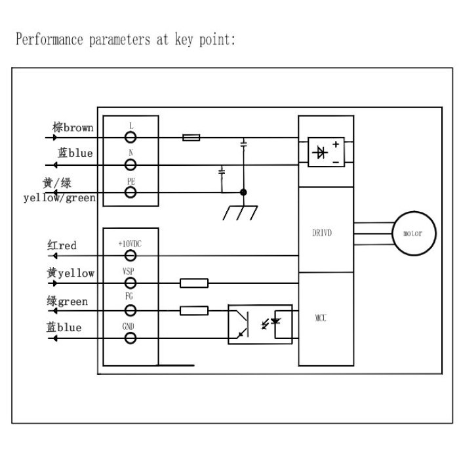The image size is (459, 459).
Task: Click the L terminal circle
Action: point(130,137)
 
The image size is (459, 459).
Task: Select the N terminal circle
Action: point(130,165)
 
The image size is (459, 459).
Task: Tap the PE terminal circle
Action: point(130,192)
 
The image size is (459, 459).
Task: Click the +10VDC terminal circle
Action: point(130,256)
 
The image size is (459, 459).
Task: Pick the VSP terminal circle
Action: point(130,283)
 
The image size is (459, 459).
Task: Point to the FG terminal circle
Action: point(130,311)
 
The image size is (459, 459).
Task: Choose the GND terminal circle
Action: point(130,338)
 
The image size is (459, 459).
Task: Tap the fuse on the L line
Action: point(191,137)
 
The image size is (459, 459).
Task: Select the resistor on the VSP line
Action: point(194,283)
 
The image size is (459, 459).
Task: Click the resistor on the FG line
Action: point(194,311)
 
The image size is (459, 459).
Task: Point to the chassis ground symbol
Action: point(241,213)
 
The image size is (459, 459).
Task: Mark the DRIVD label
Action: point(322,233)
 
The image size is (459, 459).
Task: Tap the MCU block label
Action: point(321,318)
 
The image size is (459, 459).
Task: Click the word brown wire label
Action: point(79,128)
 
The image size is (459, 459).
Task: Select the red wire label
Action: point(68,245)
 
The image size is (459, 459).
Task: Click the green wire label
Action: point(73,302)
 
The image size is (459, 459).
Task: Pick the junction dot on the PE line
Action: point(243,192)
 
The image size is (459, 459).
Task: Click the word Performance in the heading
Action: point(49,39)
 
